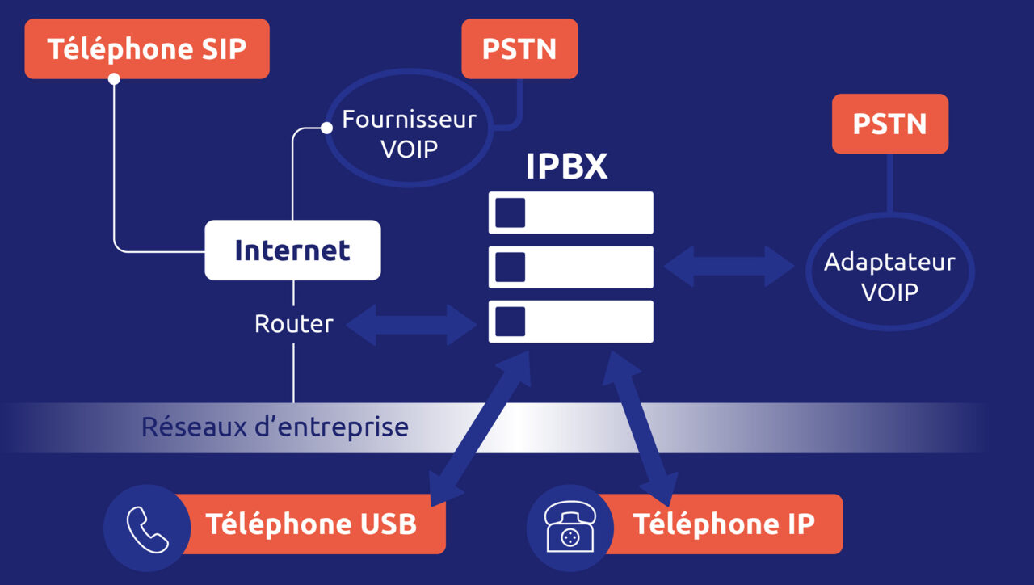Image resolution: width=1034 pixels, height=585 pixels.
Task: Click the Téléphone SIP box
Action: coord(146,49)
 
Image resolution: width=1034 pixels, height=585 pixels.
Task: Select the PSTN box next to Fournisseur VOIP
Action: coord(519,49)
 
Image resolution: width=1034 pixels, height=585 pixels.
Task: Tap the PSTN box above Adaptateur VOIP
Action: coord(889,124)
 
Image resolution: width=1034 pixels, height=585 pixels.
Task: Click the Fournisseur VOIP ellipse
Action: coord(409,134)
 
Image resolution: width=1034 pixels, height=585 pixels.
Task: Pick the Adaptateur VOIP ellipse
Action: coord(889,276)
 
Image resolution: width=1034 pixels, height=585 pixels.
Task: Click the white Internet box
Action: coord(292,250)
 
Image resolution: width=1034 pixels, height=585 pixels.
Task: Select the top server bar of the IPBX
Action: coord(570,213)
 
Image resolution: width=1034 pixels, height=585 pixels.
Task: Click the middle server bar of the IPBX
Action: coord(570,267)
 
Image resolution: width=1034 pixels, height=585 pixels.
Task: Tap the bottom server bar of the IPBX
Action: coord(570,321)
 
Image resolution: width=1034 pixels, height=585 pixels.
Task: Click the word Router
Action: coord(293,324)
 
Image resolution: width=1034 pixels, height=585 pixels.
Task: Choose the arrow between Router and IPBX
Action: coord(411,325)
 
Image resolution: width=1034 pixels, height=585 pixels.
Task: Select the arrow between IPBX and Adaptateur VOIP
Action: coord(729,267)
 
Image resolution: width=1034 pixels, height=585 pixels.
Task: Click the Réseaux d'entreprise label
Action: coord(275,427)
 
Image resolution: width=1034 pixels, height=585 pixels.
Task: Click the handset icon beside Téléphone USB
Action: coord(147,528)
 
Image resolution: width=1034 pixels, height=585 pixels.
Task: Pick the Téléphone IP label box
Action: coord(724,524)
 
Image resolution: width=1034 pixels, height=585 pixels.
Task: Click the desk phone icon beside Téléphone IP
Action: coord(570,528)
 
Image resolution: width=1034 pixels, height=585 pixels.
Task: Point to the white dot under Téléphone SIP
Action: coord(114,79)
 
